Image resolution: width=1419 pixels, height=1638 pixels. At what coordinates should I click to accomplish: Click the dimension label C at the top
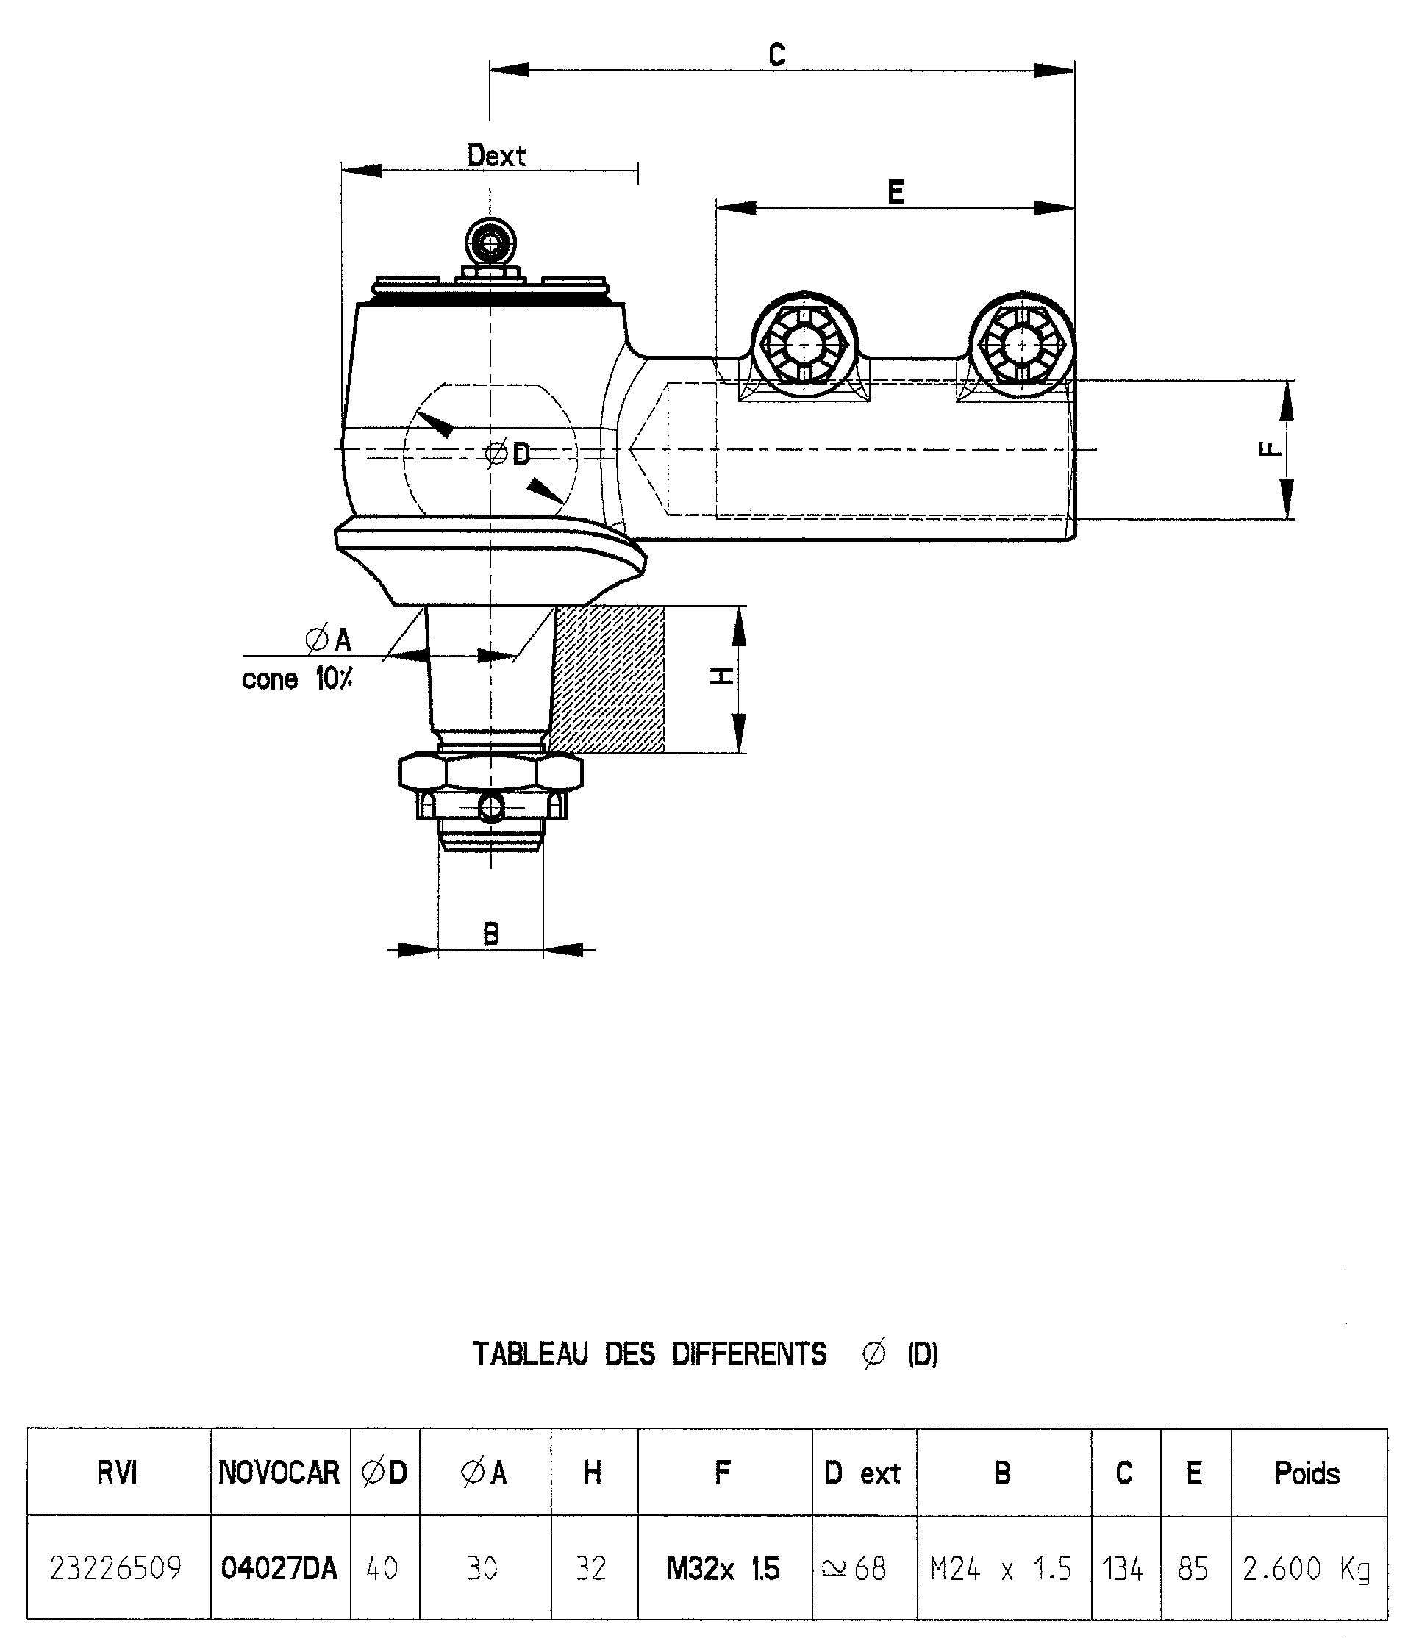(x=777, y=54)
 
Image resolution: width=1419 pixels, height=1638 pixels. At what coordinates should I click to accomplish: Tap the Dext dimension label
(x=496, y=155)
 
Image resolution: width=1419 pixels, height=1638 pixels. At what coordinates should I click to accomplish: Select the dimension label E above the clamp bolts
(x=896, y=193)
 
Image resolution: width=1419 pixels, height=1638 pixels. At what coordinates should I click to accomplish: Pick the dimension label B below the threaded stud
(x=491, y=934)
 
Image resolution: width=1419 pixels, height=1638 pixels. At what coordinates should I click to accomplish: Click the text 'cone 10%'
(x=297, y=679)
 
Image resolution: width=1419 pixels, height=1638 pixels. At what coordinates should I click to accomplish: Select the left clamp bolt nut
(x=804, y=346)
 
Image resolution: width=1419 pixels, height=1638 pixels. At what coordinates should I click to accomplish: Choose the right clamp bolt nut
(x=1021, y=346)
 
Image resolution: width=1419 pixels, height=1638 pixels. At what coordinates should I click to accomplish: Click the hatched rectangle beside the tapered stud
(x=607, y=679)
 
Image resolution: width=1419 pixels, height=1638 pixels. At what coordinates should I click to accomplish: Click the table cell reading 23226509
(x=115, y=1567)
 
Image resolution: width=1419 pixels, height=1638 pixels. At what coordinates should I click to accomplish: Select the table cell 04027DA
(x=279, y=1567)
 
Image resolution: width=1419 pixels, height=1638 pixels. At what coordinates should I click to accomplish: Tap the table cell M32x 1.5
(x=723, y=1567)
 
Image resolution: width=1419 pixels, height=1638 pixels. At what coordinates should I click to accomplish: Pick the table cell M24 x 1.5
(x=1001, y=1567)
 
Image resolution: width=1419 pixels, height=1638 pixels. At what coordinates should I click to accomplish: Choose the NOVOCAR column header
(x=279, y=1473)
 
